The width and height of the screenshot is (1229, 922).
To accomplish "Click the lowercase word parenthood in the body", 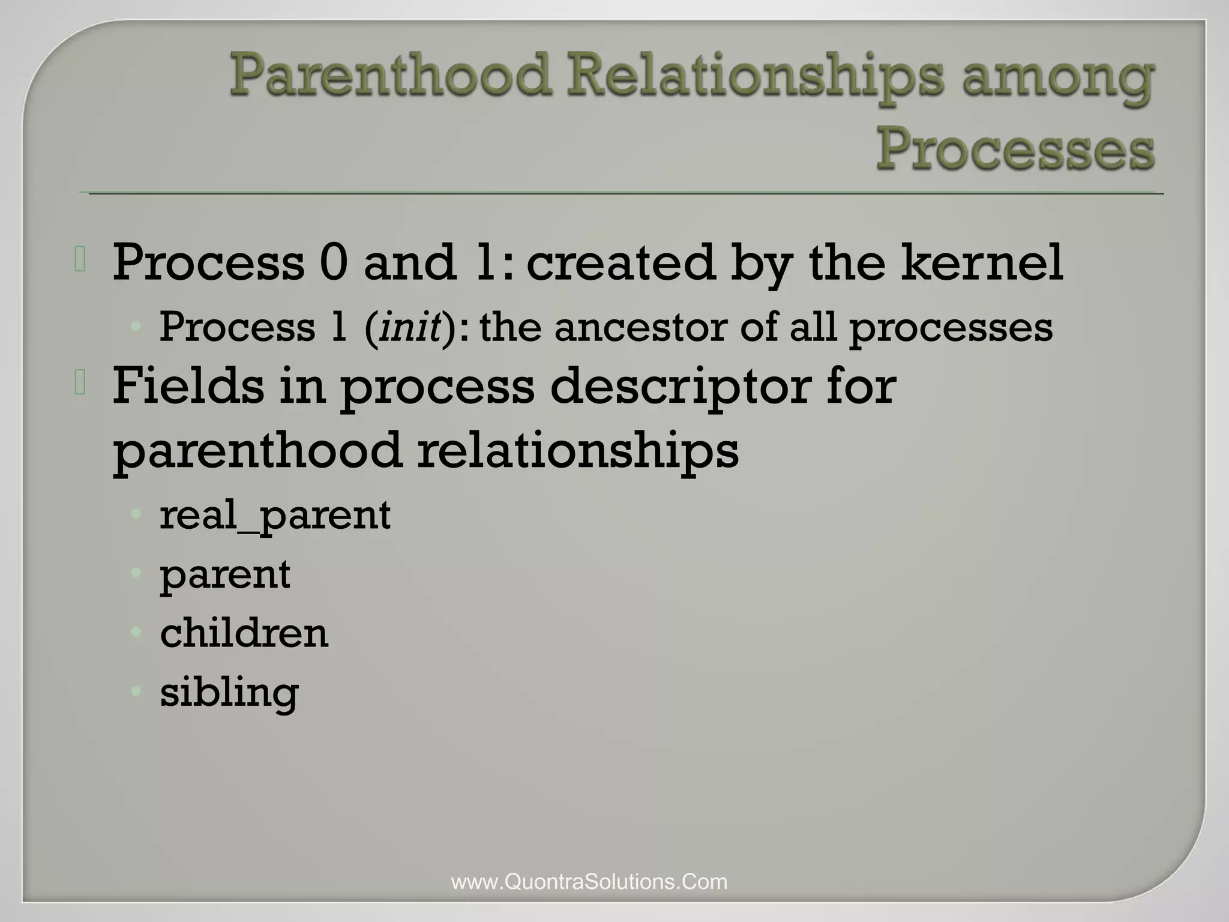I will click(x=257, y=450).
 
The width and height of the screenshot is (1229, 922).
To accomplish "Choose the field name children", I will click(x=244, y=633).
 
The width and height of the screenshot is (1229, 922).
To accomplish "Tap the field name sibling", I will click(x=229, y=693).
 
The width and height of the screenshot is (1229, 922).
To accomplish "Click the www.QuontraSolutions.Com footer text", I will click(x=589, y=882).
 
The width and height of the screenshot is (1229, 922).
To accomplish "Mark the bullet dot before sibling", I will click(x=136, y=691).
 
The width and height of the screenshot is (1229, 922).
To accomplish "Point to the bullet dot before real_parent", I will click(x=136, y=514).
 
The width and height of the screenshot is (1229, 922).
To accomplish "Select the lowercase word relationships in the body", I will click(x=577, y=450).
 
